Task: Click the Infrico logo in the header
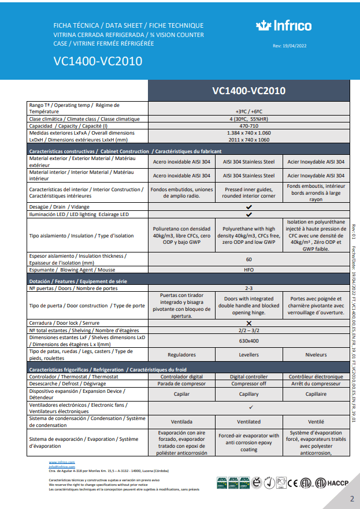(283, 25)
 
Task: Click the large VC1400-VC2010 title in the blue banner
(98, 61)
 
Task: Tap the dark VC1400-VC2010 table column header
(248, 91)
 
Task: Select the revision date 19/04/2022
(289, 46)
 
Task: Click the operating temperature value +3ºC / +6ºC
(248, 112)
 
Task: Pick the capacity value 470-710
(248, 126)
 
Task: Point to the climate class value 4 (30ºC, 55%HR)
(248, 119)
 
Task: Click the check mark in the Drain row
(248, 206)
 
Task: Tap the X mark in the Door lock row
(248, 323)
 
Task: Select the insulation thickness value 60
(248, 259)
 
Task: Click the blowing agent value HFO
(248, 269)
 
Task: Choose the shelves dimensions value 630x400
(248, 341)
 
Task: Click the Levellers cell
(248, 355)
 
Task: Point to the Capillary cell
(248, 394)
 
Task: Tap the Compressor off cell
(248, 384)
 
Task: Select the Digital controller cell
(248, 377)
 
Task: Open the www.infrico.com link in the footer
(62, 463)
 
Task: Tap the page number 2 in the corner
(351, 498)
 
